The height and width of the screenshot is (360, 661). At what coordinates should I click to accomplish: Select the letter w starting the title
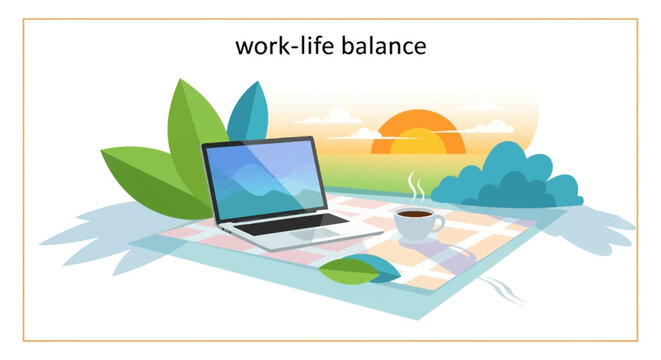[243, 48]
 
